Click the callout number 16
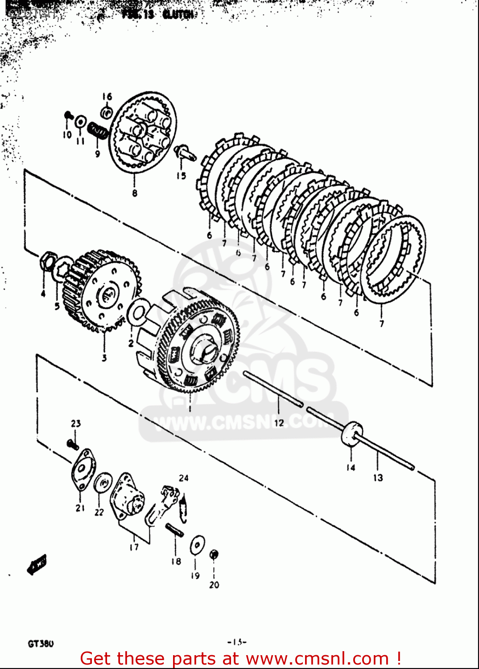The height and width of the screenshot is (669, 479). pos(107,97)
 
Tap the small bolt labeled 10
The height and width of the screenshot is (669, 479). pos(68,116)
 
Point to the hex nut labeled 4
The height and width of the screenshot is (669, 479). pos(48,259)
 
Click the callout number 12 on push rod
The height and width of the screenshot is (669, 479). pos(279,423)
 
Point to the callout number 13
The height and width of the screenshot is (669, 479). pos(378,478)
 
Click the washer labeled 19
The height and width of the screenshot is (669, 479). pos(196,545)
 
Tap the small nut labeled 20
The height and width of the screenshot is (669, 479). pos(214,554)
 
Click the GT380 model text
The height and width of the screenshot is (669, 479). pos(41,644)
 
